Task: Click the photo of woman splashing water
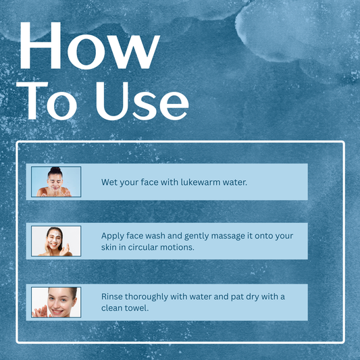[x=56, y=182]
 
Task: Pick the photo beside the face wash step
[x=56, y=241]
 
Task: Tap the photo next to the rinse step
[x=56, y=302]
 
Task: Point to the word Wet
[x=110, y=182]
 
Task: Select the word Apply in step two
[x=113, y=236]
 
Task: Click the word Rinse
[x=113, y=297]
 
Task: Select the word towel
[x=137, y=308]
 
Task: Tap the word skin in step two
[x=111, y=247]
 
